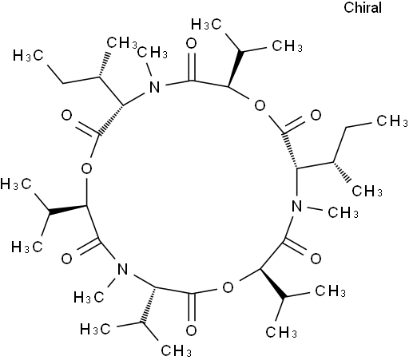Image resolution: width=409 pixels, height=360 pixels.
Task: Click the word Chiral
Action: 363,7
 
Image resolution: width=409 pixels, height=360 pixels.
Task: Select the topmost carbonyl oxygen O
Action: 192,44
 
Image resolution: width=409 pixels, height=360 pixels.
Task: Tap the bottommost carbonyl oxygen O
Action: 191,330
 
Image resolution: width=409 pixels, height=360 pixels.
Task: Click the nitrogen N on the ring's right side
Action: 297,206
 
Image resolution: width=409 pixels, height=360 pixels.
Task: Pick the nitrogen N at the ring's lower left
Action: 123,270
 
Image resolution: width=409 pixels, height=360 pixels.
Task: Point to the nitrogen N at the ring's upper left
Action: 155,87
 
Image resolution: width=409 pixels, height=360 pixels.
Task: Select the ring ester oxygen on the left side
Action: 86,168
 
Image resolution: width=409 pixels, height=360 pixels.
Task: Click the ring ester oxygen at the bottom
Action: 228,287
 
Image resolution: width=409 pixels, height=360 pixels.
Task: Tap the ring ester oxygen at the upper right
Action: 260,105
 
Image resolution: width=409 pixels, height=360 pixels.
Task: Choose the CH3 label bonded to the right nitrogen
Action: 343,212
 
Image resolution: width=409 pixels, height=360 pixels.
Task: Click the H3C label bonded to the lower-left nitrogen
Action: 89,297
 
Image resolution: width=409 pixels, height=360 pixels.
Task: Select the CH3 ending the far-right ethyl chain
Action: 392,121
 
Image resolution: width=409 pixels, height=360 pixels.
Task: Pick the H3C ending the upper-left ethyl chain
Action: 28,56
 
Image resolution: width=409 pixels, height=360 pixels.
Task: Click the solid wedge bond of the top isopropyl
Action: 235,69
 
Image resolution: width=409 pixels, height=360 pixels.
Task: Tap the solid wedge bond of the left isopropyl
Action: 67,209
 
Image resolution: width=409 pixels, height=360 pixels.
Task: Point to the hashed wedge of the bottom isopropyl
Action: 149,306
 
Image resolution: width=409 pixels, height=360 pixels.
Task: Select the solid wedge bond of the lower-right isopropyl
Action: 273,283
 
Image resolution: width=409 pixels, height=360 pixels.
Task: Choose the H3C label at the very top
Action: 206,25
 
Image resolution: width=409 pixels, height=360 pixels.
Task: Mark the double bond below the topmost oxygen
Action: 192,67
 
